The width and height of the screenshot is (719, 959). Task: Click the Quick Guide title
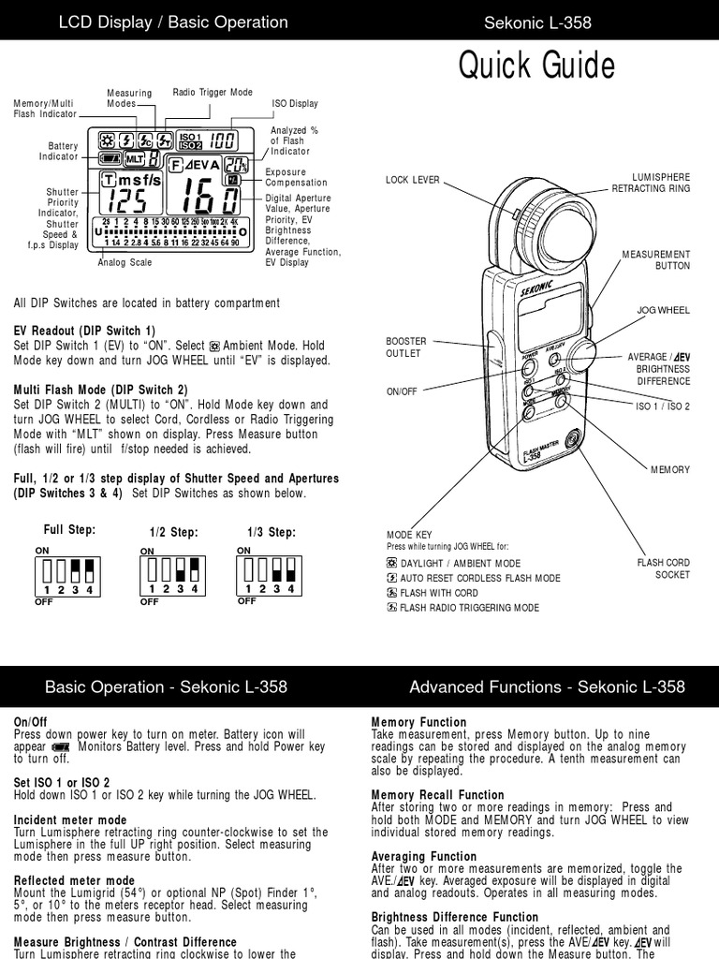536,67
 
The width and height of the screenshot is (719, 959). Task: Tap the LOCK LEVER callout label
412,180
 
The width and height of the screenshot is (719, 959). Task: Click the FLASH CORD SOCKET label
664,568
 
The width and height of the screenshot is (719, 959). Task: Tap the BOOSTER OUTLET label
404,347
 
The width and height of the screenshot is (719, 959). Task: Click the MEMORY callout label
671,469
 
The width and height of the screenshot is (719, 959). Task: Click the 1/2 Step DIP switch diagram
172,572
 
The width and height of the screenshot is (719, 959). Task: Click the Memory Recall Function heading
437,795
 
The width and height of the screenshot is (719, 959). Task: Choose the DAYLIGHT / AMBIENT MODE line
453,564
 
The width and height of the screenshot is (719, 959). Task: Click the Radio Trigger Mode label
213,93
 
